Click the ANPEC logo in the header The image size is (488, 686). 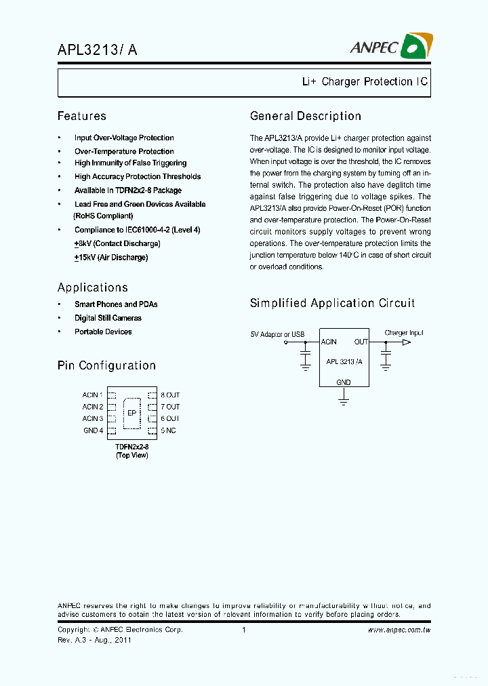pyautogui.click(x=391, y=46)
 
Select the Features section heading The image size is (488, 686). pyautogui.click(x=81, y=116)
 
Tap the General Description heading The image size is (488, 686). pyautogui.click(x=306, y=116)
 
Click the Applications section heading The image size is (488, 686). pyautogui.click(x=93, y=287)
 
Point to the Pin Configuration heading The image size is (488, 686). pyautogui.click(x=106, y=365)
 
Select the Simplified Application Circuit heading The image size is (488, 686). pyautogui.click(x=332, y=303)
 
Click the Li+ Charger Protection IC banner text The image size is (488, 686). pyautogui.click(x=365, y=82)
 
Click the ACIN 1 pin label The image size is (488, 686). pyautogui.click(x=93, y=395)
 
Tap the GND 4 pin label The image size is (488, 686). pyautogui.click(x=94, y=430)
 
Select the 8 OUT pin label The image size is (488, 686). pyautogui.click(x=170, y=395)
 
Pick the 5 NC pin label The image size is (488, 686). pyautogui.click(x=168, y=430)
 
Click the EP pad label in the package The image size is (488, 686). pyautogui.click(x=131, y=412)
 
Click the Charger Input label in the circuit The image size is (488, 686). pyautogui.click(x=404, y=333)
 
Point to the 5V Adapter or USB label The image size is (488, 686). pyautogui.click(x=277, y=334)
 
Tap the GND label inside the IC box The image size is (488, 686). pyautogui.click(x=344, y=382)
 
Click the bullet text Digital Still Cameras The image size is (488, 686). pyautogui.click(x=108, y=318)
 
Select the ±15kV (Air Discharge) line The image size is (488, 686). pyautogui.click(x=111, y=258)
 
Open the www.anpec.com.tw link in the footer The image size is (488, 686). pyautogui.click(x=399, y=630)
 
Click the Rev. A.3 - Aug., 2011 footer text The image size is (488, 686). pyautogui.click(x=94, y=639)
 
